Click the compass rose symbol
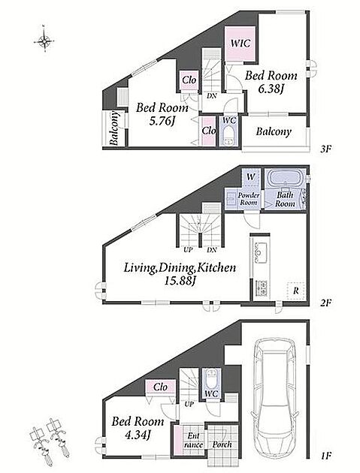[x=44, y=40]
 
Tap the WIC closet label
[x=240, y=43]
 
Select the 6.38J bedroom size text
[x=270, y=89]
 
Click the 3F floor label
[x=326, y=149]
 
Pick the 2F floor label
[x=326, y=302]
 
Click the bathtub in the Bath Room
[x=285, y=179]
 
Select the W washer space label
[x=250, y=176]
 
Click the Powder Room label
[x=249, y=199]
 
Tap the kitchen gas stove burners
[x=262, y=288]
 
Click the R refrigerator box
[x=296, y=291]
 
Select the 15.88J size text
[x=180, y=281]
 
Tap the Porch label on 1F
[x=222, y=444]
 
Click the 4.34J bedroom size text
[x=138, y=435]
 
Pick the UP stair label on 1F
[x=189, y=404]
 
